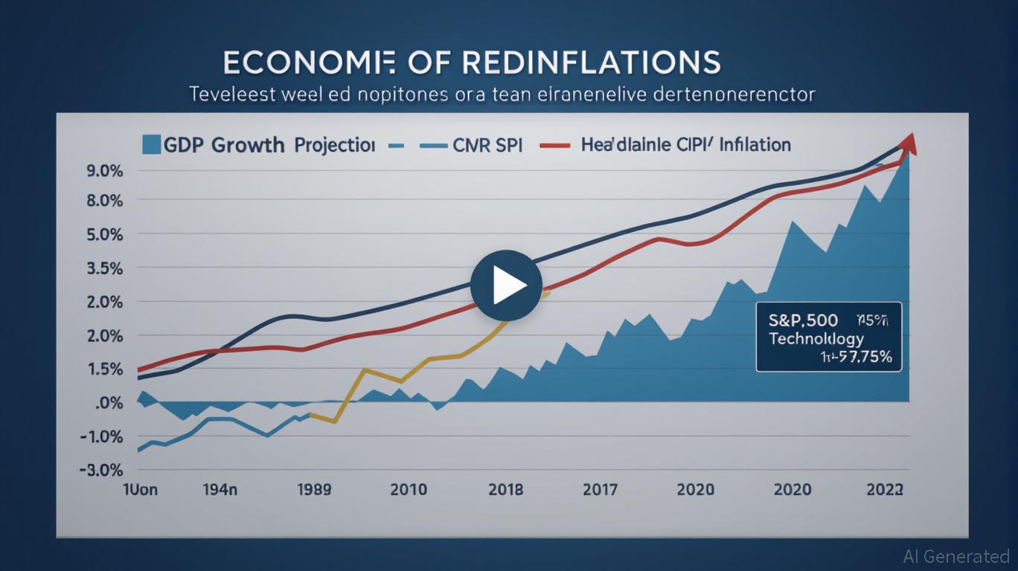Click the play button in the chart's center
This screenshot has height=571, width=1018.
(x=506, y=286)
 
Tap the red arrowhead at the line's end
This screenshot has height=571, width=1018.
(x=909, y=143)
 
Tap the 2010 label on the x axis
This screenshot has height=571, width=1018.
(x=408, y=490)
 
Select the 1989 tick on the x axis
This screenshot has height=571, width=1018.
(x=314, y=490)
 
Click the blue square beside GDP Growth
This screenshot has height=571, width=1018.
(x=151, y=144)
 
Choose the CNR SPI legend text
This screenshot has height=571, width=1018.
(x=487, y=145)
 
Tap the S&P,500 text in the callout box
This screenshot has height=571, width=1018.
(x=803, y=320)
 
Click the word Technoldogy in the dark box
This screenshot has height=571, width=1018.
(x=816, y=338)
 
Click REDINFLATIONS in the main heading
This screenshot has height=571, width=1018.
(x=592, y=63)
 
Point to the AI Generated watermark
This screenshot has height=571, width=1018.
(x=955, y=556)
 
